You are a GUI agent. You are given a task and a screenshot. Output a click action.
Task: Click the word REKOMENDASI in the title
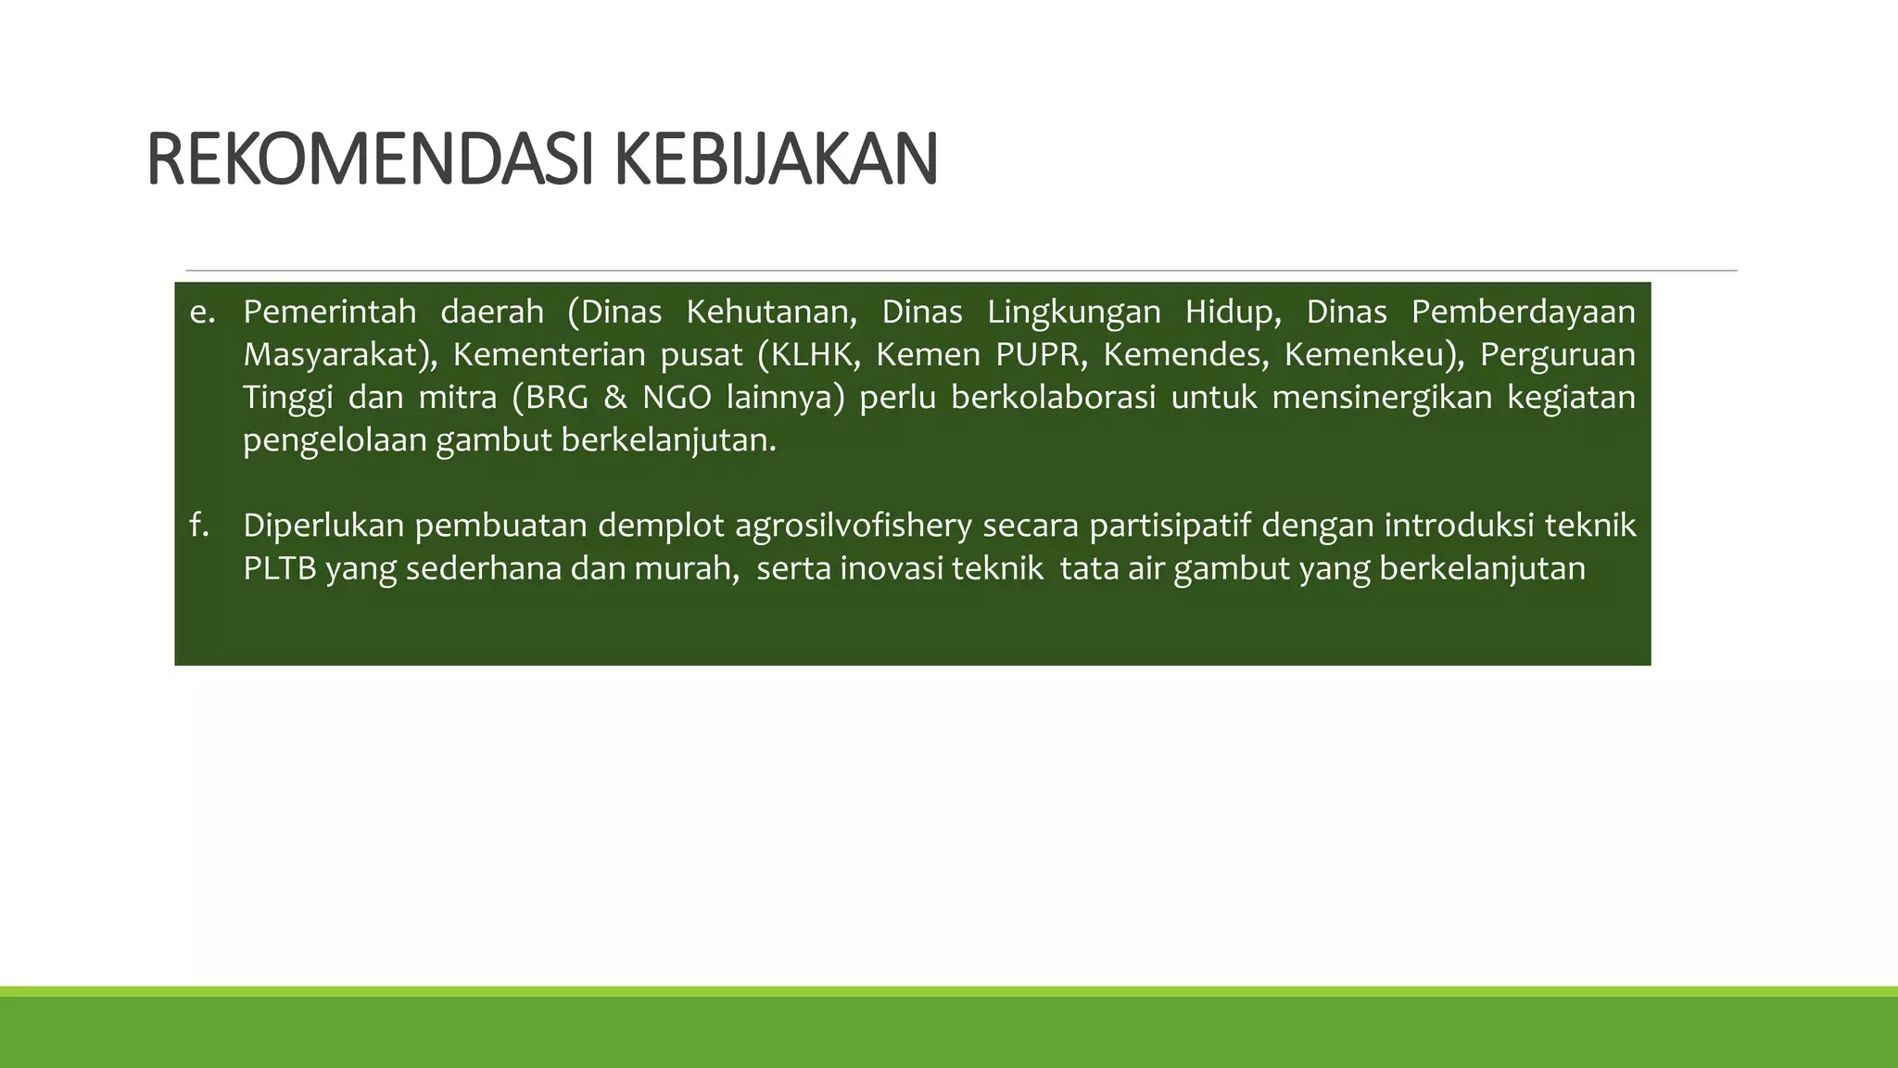pyautogui.click(x=369, y=160)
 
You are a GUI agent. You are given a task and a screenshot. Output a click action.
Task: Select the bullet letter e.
pyautogui.click(x=201, y=312)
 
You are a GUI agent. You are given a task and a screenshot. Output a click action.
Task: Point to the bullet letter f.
pyautogui.click(x=198, y=526)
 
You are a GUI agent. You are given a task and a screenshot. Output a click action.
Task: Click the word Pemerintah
pyautogui.click(x=329, y=312)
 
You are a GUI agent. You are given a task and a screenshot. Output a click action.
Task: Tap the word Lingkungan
pyautogui.click(x=1073, y=312)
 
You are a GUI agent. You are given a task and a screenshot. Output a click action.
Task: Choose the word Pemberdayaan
pyautogui.click(x=1523, y=312)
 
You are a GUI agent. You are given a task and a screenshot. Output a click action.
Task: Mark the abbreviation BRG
pyautogui.click(x=557, y=398)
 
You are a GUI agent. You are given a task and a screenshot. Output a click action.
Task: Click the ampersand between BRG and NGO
pyautogui.click(x=614, y=398)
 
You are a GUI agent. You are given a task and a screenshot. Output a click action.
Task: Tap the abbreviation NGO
pyautogui.click(x=677, y=398)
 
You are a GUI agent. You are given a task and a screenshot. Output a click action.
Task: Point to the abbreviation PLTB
pyautogui.click(x=279, y=568)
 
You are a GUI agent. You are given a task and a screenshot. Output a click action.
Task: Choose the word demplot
pyautogui.click(x=660, y=526)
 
